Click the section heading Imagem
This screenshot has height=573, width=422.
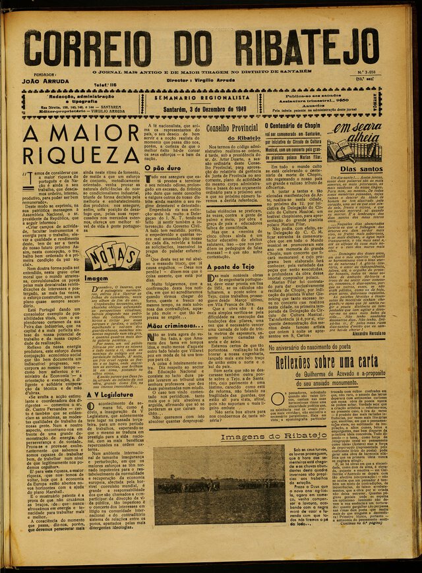(96, 279)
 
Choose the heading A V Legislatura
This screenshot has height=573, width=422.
(110, 395)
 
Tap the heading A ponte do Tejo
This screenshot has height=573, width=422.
(229, 267)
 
